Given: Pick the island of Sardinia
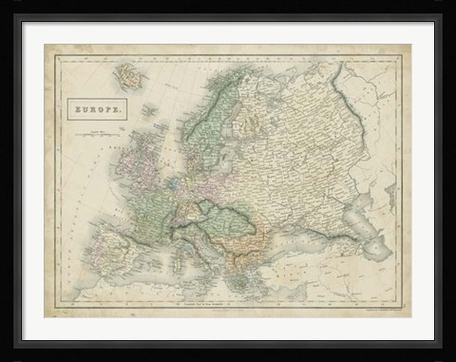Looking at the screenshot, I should (173, 262).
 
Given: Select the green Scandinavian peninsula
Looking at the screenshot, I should (199, 114).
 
